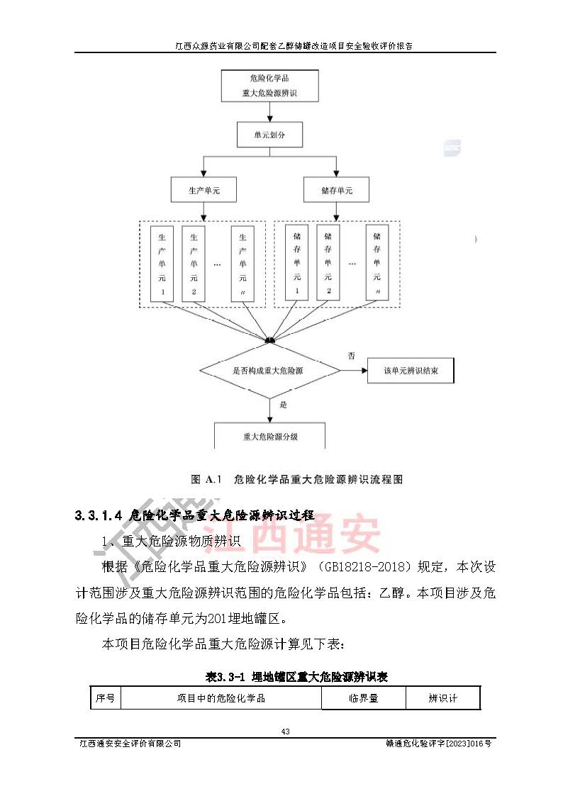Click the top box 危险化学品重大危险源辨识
[265, 86]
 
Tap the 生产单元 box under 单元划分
[204, 191]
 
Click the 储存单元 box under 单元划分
[336, 191]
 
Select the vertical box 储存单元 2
[328, 262]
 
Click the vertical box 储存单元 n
[377, 262]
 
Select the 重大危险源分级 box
[269, 436]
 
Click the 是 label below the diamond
[284, 405]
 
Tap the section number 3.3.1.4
[99, 515]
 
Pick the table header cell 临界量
[363, 698]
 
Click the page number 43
[286, 731]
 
